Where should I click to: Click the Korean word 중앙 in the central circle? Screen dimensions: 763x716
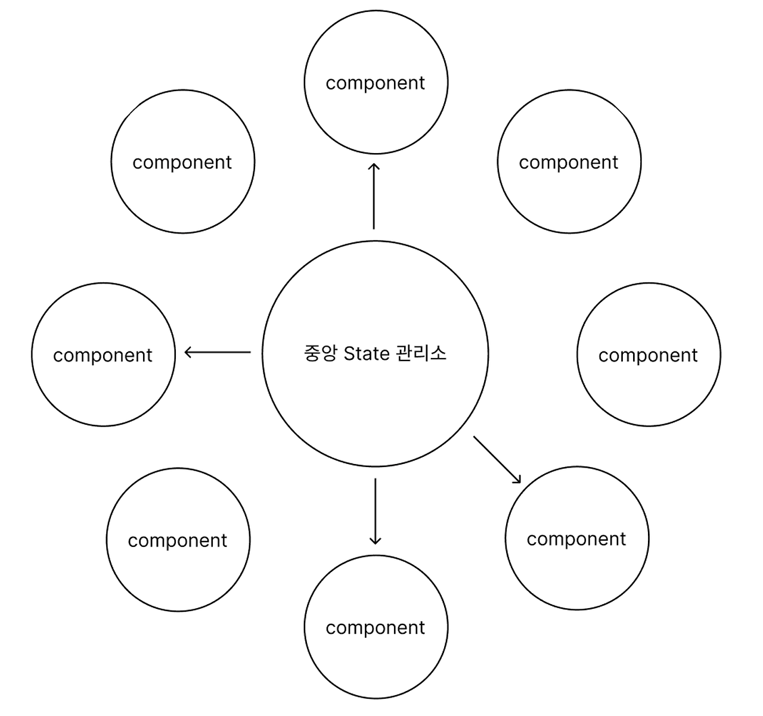[321, 353]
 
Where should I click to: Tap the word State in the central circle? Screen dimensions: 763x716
[367, 353]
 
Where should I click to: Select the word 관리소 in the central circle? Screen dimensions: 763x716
[420, 353]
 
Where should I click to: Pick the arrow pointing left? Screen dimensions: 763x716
[218, 352]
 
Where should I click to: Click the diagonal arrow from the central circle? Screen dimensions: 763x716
[497, 459]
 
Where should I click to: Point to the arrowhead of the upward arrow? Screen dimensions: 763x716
[374, 165]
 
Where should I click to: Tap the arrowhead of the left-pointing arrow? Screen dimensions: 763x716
[188, 352]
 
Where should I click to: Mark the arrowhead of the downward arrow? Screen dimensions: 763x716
[375, 541]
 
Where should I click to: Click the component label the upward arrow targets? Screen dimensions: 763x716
[375, 83]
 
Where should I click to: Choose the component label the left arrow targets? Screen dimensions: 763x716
[103, 356]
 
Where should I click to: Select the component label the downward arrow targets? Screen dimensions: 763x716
[375, 628]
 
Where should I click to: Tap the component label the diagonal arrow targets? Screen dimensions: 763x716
[576, 539]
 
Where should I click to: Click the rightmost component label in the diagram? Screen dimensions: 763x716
[648, 356]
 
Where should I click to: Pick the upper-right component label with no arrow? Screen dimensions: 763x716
[568, 163]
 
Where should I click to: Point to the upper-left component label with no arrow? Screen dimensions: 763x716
[182, 163]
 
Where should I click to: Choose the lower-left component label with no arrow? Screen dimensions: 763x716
[177, 541]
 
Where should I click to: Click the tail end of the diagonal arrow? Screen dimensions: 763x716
[475, 438]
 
